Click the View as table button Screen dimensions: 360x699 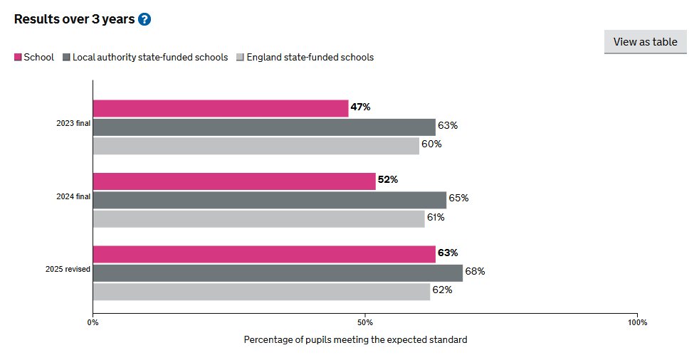(645, 42)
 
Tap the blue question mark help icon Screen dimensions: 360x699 (144, 19)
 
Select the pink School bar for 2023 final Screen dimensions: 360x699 (221, 108)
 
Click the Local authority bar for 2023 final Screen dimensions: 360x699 (264, 127)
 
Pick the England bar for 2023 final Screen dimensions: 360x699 (256, 145)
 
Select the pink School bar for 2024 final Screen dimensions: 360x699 (234, 181)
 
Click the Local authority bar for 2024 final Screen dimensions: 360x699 (269, 199)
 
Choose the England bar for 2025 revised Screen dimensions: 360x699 (261, 291)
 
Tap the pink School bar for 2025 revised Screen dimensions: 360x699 (264, 254)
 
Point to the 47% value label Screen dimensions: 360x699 (361, 107)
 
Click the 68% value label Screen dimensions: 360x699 (475, 271)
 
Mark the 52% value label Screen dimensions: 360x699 (388, 180)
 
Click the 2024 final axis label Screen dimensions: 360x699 (73, 196)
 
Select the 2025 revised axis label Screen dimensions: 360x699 (68, 270)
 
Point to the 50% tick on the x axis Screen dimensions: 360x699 (365, 322)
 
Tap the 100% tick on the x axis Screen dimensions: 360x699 (637, 322)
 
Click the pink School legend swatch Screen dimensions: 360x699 (18, 58)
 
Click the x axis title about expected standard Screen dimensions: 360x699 (355, 340)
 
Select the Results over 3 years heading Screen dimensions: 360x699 (74, 19)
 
